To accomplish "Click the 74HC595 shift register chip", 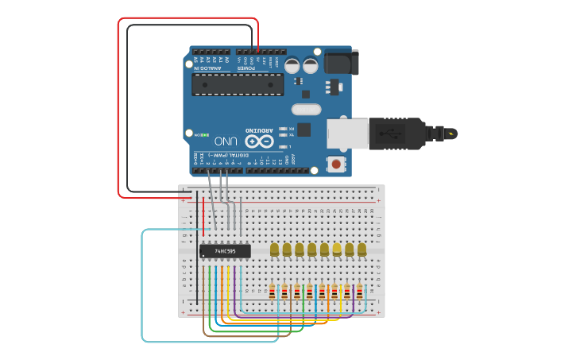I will (225, 251).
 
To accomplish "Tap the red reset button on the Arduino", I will (337, 165).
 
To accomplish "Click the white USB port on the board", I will (349, 133).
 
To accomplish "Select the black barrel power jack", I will (342, 62).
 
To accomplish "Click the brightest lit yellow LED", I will (337, 250).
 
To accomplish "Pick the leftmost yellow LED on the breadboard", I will (275, 250).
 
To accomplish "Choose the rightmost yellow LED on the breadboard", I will (362, 250).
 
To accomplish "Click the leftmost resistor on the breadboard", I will (273, 292).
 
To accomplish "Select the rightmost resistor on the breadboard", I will (359, 292).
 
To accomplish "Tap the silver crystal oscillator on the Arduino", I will (306, 109).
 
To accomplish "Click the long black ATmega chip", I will (238, 84).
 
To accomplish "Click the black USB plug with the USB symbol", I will (397, 134).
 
